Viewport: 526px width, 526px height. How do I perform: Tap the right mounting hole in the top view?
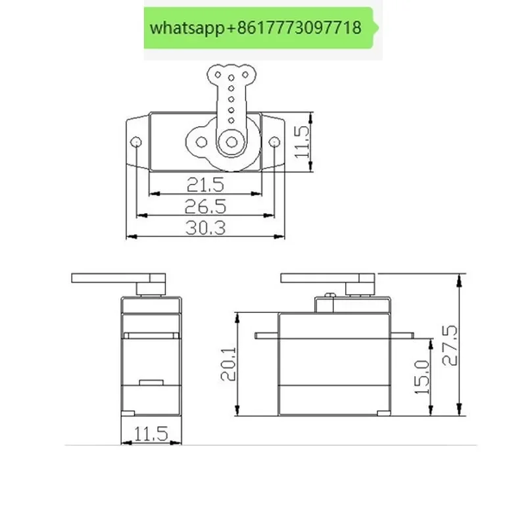click(x=274, y=141)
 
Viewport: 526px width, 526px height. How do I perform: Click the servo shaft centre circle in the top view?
click(x=231, y=141)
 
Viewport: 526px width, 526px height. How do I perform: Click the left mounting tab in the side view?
click(x=266, y=335)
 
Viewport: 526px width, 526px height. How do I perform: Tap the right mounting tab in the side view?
click(x=403, y=335)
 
